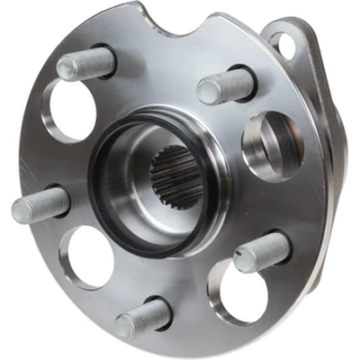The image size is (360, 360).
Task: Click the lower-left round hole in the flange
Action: point(87,256)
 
